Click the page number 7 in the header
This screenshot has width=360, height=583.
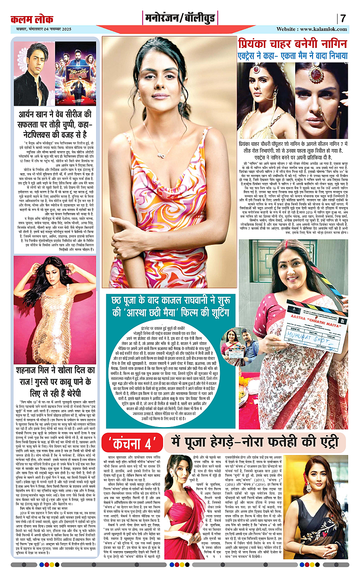[x=343, y=19]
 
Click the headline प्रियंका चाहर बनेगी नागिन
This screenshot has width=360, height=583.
[x=293, y=44]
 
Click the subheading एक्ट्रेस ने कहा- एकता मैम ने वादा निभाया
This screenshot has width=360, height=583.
[x=292, y=56]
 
